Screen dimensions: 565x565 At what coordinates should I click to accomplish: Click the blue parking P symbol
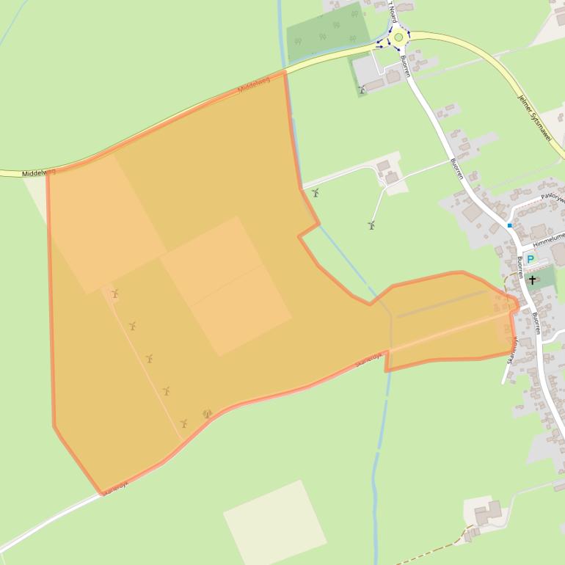(530, 260)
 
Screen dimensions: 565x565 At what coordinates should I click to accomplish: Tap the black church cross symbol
(532, 280)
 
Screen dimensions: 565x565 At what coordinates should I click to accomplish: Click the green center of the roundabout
(398, 37)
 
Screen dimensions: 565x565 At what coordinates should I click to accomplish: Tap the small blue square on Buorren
(509, 225)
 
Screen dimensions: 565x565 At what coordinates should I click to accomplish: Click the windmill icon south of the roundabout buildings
(361, 90)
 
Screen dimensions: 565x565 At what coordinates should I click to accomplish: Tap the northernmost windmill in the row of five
(114, 294)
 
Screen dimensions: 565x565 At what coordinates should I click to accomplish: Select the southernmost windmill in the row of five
(183, 423)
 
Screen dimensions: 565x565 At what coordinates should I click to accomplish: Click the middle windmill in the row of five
(149, 358)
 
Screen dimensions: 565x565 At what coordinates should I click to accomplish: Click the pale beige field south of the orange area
(274, 522)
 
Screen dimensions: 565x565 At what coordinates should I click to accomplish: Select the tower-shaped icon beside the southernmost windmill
(207, 414)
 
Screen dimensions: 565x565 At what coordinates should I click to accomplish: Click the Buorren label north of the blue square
(457, 169)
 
